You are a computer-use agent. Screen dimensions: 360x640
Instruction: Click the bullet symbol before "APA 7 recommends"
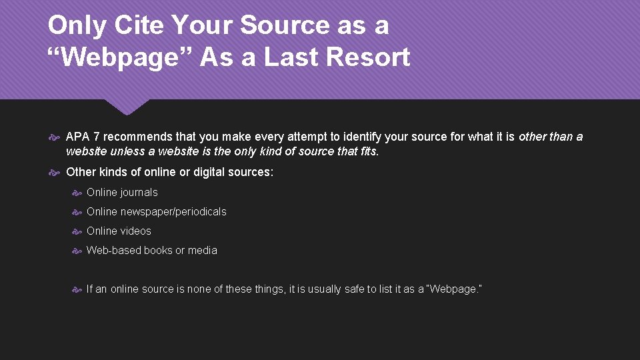(56, 137)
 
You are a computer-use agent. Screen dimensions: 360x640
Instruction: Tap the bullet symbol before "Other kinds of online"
(56, 173)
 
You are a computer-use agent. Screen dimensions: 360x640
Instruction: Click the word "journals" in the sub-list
(139, 193)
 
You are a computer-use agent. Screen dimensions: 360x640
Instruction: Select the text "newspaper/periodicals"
(173, 212)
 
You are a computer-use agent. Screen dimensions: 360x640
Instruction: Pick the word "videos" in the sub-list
(136, 231)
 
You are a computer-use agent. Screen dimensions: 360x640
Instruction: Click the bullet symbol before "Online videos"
(77, 232)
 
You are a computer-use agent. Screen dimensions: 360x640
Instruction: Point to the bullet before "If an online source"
(77, 290)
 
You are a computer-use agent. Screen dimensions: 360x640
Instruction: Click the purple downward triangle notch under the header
(127, 107)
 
